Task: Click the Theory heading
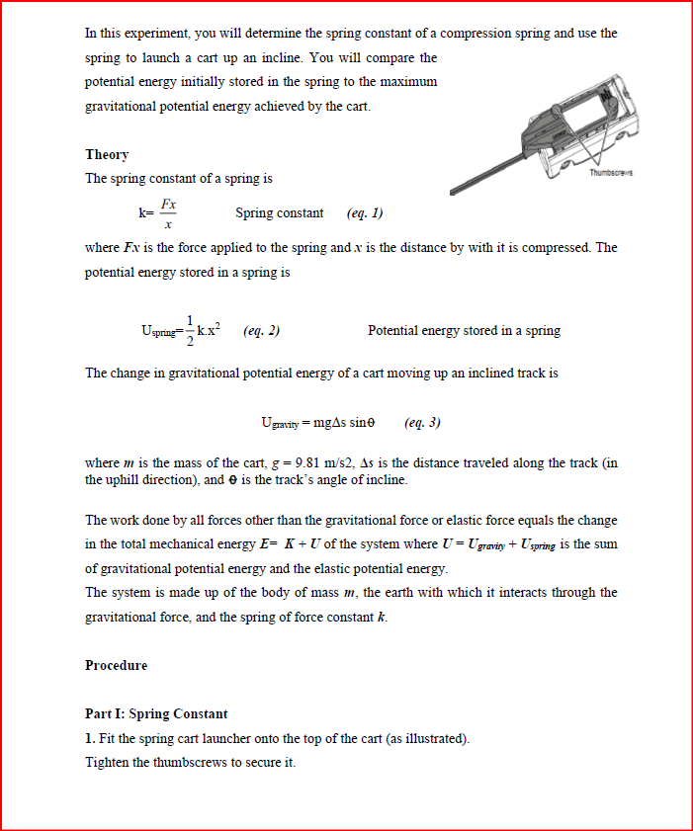click(107, 155)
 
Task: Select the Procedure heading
click(116, 666)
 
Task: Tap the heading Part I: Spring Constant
click(156, 714)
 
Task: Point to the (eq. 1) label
click(365, 213)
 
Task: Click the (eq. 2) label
click(261, 331)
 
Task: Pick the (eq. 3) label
click(423, 423)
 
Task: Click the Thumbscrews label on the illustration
click(610, 174)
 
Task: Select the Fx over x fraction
click(169, 213)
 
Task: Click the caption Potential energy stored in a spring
click(464, 331)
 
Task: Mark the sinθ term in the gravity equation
click(358, 423)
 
